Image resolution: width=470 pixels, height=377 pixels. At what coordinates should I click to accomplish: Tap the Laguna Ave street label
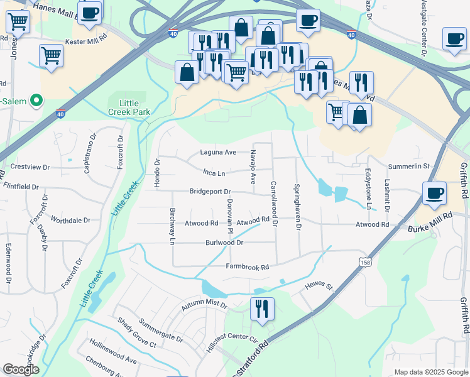pyautogui.click(x=218, y=152)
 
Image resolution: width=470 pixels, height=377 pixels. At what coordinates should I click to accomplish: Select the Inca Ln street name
pyautogui.click(x=214, y=172)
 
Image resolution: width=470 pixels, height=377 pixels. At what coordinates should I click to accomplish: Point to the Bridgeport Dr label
pyautogui.click(x=210, y=192)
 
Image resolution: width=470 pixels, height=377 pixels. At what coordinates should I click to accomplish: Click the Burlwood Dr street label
pyautogui.click(x=224, y=243)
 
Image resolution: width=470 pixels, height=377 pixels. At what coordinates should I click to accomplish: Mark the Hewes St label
pyautogui.click(x=319, y=286)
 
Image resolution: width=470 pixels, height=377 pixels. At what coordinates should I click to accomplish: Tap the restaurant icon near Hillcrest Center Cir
pyautogui.click(x=262, y=309)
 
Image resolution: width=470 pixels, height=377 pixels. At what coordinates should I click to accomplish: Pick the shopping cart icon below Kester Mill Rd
pyautogui.click(x=51, y=55)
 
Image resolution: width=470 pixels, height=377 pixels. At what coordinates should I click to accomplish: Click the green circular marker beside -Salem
pyautogui.click(x=36, y=100)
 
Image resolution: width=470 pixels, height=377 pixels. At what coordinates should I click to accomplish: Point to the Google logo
pyautogui.click(x=21, y=370)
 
